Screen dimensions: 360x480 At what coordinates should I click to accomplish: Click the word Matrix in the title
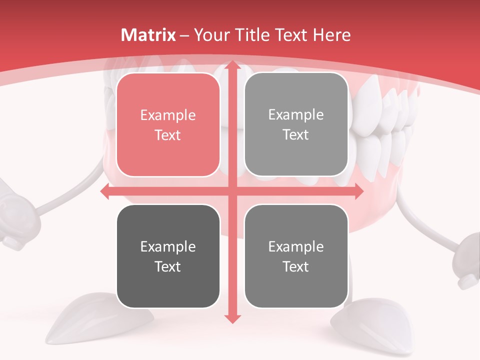tap(148, 35)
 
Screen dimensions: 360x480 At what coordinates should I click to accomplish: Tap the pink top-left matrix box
tap(168, 125)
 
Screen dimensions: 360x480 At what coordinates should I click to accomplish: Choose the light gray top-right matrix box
tap(296, 124)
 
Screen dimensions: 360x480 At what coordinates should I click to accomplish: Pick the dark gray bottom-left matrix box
tap(168, 256)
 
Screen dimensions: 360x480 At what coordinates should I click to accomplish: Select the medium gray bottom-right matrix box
tap(296, 256)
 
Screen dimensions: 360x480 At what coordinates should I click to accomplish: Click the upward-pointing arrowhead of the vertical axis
tap(232, 66)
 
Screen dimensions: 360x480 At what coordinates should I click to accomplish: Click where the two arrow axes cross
tap(232, 191)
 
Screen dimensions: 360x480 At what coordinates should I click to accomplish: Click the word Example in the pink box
tap(168, 115)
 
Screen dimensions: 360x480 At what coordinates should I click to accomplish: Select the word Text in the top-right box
tap(296, 135)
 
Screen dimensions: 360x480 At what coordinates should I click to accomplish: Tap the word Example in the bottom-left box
tap(168, 247)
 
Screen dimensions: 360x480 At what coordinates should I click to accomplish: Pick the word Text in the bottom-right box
tap(296, 266)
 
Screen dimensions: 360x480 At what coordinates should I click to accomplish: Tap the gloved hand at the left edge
tap(15, 215)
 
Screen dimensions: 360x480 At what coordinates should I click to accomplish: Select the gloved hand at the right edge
tap(467, 260)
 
